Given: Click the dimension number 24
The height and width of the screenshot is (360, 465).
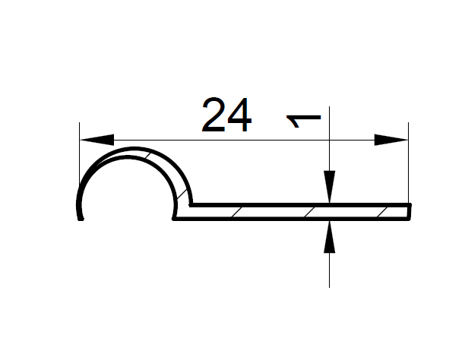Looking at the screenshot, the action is [227, 115].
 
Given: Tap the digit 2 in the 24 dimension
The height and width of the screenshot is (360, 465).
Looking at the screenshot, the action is [213, 115].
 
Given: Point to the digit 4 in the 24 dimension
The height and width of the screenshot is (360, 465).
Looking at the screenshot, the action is [239, 115].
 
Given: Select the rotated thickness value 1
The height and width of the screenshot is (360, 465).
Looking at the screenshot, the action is [304, 121].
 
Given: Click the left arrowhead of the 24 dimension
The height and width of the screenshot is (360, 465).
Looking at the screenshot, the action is [96, 140].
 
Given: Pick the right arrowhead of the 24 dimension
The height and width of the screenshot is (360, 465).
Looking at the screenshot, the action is [391, 140].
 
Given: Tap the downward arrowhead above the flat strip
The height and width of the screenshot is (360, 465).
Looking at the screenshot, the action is [330, 187].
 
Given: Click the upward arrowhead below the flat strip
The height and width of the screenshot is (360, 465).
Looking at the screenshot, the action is [330, 237].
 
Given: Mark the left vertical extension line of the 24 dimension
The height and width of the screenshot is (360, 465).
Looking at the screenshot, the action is [80, 154].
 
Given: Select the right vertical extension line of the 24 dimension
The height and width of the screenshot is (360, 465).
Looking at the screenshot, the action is [408, 163].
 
